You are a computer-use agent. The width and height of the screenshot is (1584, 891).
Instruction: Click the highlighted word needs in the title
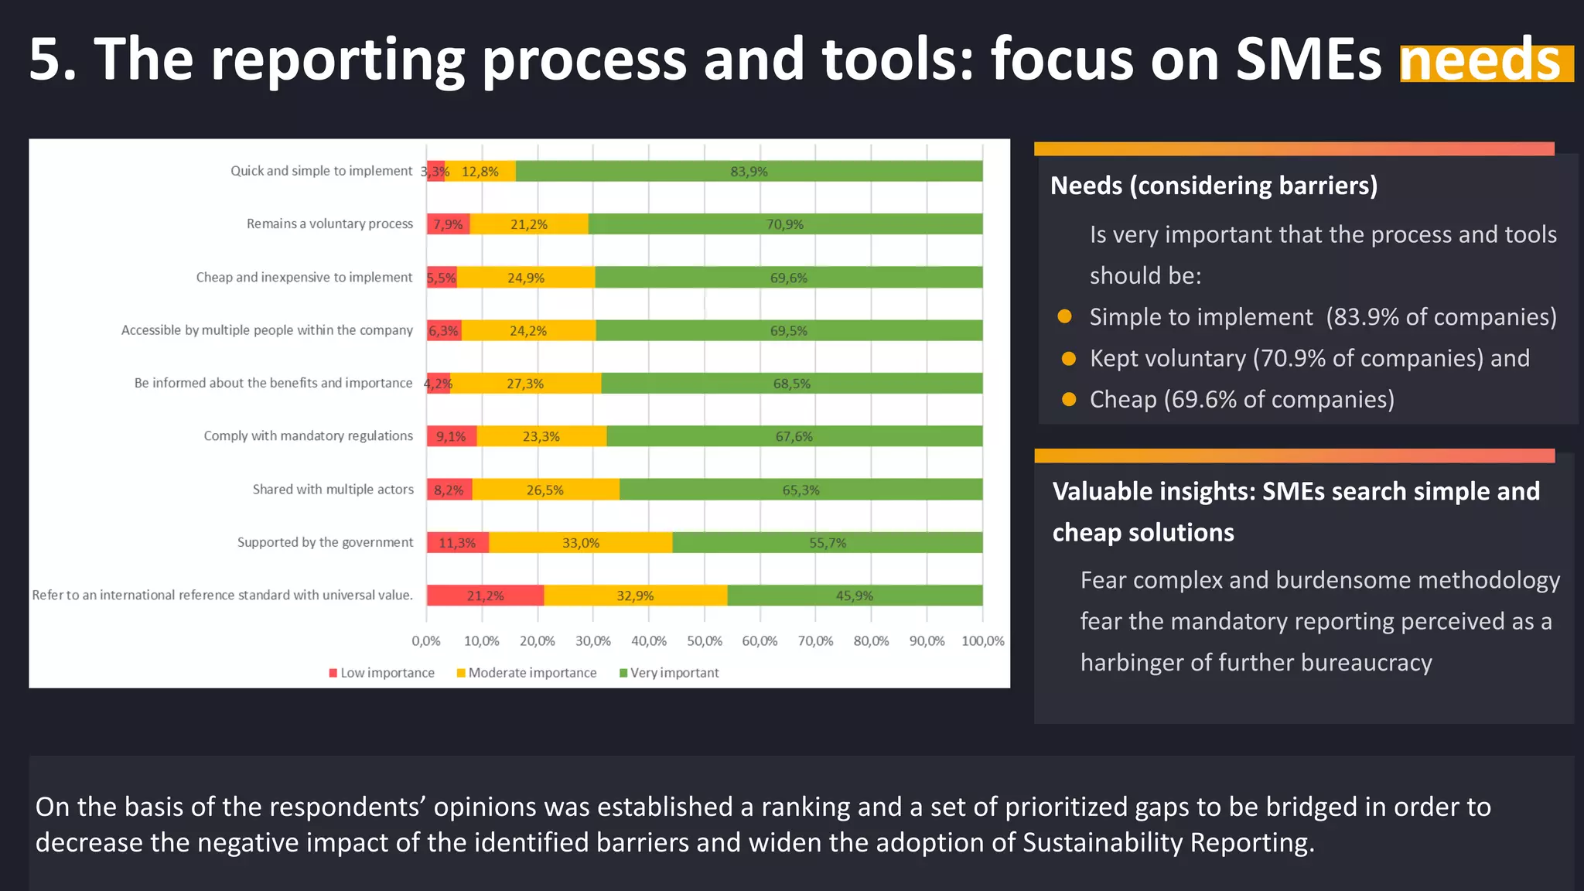pos(1485,62)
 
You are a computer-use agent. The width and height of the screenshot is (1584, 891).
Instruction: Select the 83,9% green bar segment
pos(749,172)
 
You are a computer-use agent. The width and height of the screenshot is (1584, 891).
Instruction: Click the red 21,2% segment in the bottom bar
pos(485,596)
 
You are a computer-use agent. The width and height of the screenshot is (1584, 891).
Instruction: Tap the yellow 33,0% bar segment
pos(580,543)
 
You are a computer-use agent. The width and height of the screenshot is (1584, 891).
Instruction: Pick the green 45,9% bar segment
pos(854,596)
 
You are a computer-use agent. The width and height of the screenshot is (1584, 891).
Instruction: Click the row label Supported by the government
pos(325,542)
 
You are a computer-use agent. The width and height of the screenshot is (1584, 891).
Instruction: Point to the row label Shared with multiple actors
pos(333,490)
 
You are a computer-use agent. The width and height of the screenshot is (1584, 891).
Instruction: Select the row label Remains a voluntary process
pos(329,224)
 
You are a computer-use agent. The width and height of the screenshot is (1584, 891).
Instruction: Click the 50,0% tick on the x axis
pos(704,641)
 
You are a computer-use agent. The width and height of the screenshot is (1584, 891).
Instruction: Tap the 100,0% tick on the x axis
pos(982,641)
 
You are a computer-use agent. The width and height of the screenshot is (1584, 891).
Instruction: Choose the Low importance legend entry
pos(382,673)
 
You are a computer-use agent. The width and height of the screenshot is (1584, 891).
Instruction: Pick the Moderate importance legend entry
pos(527,673)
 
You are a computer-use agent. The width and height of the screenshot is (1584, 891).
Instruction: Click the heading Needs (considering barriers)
pos(1214,186)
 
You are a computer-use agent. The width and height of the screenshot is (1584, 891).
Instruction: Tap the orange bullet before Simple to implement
pos(1065,316)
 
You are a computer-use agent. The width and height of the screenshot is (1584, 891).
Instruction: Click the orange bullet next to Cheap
pos(1069,399)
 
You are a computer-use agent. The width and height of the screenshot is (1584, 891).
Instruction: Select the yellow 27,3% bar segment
pos(525,384)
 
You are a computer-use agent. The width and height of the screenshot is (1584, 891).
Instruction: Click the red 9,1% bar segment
pos(451,437)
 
